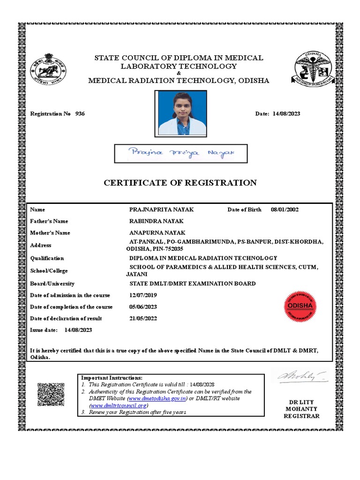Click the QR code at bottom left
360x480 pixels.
[x=50, y=394]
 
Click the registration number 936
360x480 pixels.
[x=80, y=114]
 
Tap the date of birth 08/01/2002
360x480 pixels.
[x=285, y=210]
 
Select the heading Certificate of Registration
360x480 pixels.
[x=180, y=183]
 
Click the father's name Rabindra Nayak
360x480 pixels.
[x=156, y=221]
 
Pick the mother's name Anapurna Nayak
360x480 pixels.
[x=157, y=233]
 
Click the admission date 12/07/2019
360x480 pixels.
[x=143, y=295]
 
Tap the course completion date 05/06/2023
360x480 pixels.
[x=143, y=307]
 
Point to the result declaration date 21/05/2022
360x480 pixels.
[x=143, y=319]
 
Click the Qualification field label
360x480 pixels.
[x=47, y=258]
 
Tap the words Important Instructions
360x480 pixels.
[x=112, y=378]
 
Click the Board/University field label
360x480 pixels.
[x=52, y=284]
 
